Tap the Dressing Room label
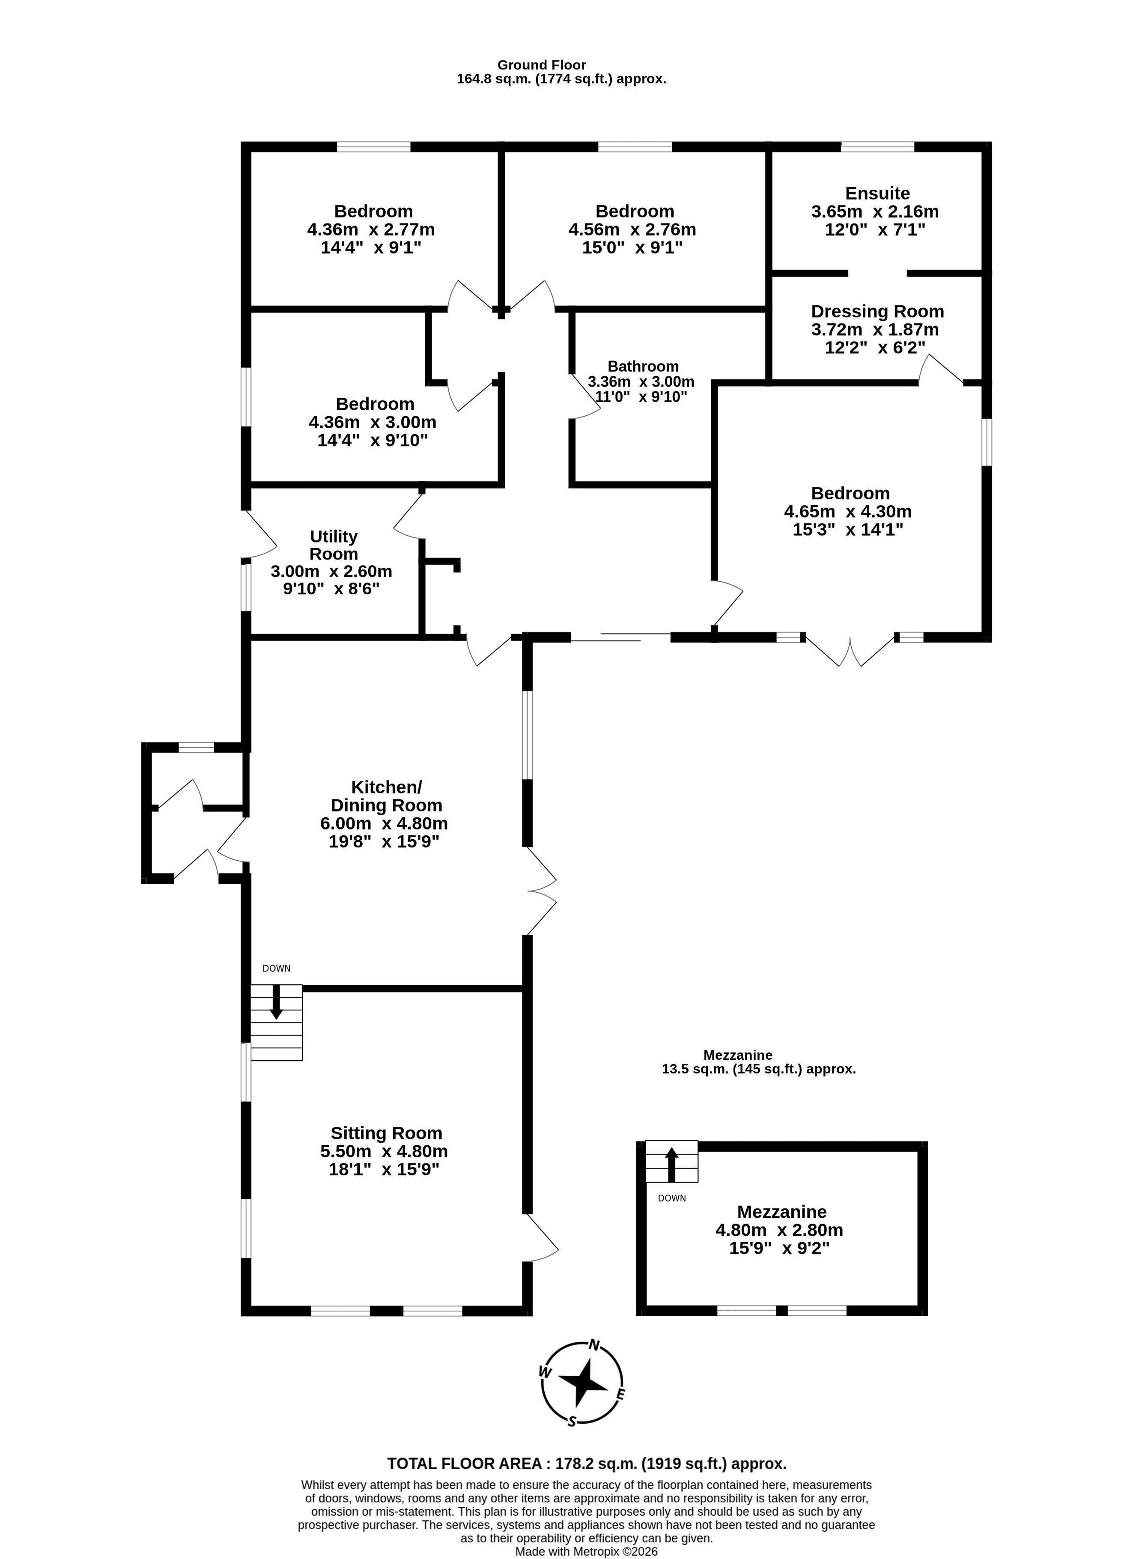tap(877, 311)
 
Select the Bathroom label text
tap(643, 367)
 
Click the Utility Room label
tap(334, 545)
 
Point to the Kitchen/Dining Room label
tap(386, 796)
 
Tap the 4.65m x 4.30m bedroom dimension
tap(848, 511)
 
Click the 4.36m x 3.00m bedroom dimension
tap(373, 422)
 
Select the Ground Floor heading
tap(542, 65)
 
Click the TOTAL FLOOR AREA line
tap(587, 1464)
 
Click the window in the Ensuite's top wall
tap(877, 146)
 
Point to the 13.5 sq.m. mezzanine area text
tap(759, 1069)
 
